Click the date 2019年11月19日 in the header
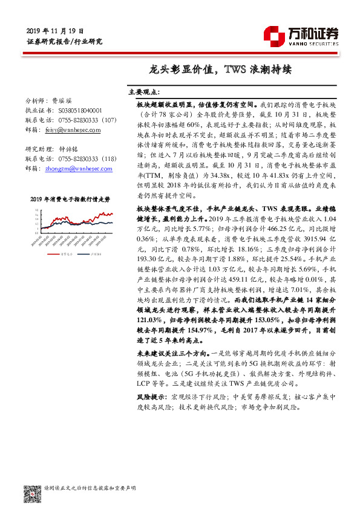pos(55,31)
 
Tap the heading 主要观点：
pos(144,92)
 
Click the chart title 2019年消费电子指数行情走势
pos(70,198)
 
